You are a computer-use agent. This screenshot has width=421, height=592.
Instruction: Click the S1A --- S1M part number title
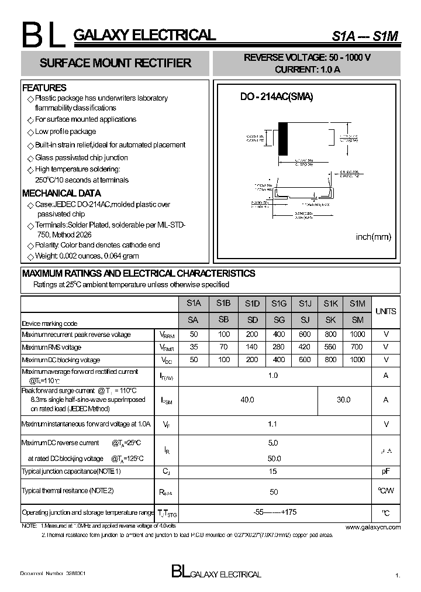point(365,36)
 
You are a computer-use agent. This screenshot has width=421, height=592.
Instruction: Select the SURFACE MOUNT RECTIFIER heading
point(115,63)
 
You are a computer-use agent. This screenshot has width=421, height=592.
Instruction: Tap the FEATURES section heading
point(44,88)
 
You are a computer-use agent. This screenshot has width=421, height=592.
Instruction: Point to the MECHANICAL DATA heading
point(61,193)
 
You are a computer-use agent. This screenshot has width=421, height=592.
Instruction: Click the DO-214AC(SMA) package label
point(277,98)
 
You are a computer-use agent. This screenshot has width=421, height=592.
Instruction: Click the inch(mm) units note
point(373,237)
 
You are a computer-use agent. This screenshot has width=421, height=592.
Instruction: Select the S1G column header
point(279,303)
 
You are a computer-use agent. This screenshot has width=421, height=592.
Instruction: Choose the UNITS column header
point(385,311)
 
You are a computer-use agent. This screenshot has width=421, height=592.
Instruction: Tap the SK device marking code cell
point(331,320)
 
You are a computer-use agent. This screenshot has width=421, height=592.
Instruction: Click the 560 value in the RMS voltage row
point(331,347)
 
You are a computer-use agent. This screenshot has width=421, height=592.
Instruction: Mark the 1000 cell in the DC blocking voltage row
point(357,360)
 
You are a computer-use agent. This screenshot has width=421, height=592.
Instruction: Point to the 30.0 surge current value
point(344,400)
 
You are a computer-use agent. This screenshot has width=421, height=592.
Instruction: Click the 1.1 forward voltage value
point(272,424)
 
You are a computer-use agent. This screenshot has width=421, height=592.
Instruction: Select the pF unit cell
point(385,471)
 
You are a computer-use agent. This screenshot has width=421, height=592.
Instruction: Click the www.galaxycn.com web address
point(373,527)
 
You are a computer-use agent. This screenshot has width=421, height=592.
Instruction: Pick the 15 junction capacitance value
point(272,471)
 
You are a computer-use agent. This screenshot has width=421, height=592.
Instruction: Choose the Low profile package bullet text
point(65,132)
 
